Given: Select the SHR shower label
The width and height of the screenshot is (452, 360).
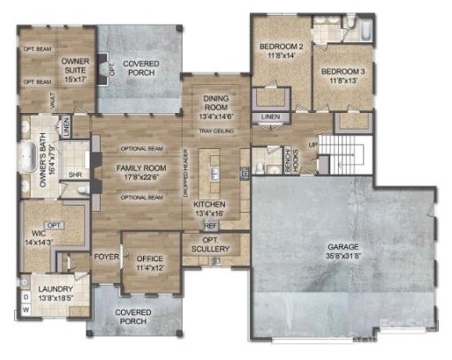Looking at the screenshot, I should coord(74,174).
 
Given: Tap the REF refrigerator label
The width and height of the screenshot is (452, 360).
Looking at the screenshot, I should coord(211,225).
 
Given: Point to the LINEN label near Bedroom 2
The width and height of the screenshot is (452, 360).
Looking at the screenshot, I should coord(271,116).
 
